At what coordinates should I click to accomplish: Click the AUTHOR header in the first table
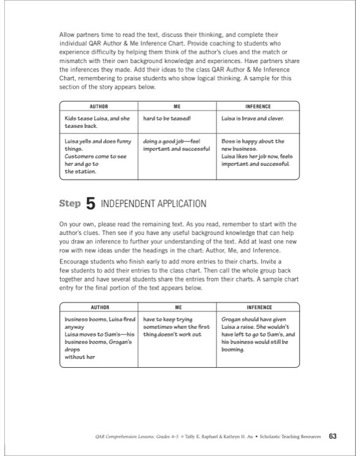99,106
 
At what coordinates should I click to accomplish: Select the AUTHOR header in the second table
99,307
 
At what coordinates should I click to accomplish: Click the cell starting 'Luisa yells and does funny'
97,156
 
